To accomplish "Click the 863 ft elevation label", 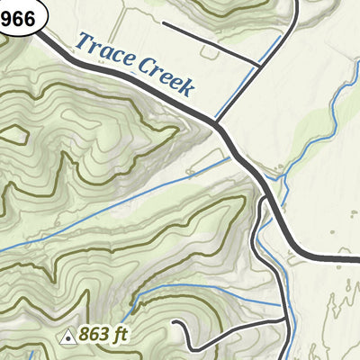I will click(104, 335).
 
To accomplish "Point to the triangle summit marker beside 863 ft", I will click(67, 337).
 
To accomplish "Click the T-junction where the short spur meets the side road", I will click(258, 65).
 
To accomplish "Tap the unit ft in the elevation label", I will click(121, 335).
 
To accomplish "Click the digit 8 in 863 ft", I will click(84, 335).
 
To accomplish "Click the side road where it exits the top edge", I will click(297, 3).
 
